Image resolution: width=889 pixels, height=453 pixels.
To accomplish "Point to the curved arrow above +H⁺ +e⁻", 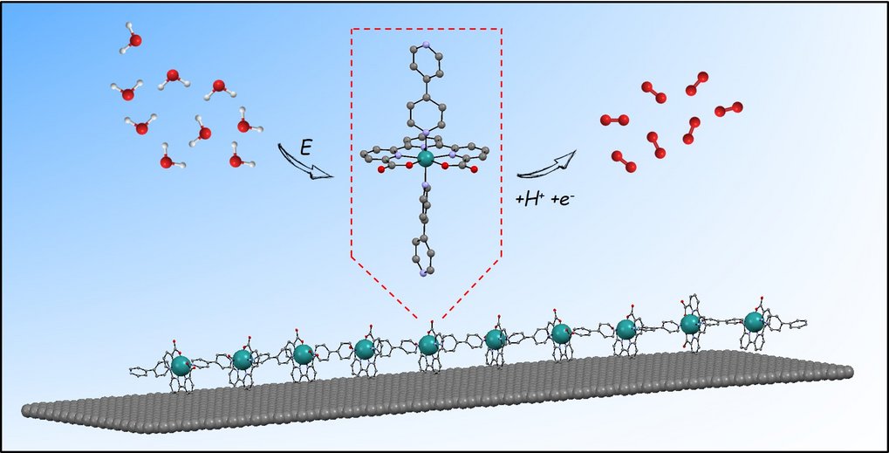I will pyautogui.click(x=547, y=163).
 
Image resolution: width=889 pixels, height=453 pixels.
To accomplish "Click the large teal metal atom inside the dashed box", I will pyautogui.click(x=426, y=159).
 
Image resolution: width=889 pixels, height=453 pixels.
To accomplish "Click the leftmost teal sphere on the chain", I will pyautogui.click(x=181, y=365).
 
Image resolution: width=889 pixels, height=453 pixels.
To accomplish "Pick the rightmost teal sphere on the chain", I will pyautogui.click(x=754, y=322).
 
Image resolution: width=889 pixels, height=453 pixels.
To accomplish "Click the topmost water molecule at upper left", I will pyautogui.click(x=132, y=40).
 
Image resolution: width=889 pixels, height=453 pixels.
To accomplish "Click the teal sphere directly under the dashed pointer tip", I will pyautogui.click(x=427, y=346).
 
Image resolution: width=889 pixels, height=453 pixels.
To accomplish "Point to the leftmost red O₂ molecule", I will pyautogui.click(x=615, y=119).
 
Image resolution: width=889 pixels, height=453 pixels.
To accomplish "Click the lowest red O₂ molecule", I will pyautogui.click(x=623, y=161).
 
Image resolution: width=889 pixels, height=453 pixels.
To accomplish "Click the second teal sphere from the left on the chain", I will pyautogui.click(x=242, y=359).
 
